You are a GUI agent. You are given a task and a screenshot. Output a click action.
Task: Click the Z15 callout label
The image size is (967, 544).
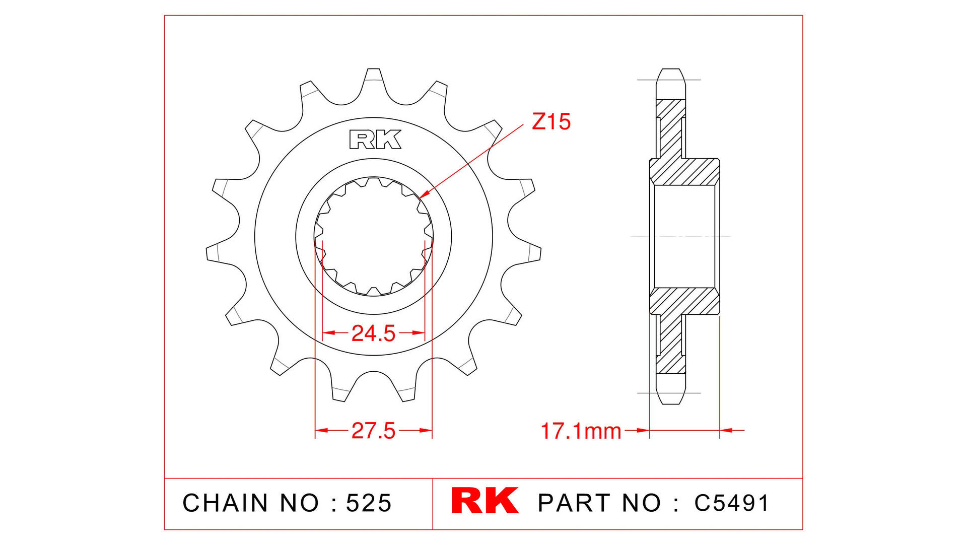pos(551,122)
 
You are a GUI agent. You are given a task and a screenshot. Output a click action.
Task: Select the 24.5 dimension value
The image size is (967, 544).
pos(373,333)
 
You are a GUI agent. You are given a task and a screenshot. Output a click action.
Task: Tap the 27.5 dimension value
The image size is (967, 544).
pos(373,431)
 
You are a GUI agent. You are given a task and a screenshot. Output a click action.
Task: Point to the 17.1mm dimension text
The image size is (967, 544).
pos(580,432)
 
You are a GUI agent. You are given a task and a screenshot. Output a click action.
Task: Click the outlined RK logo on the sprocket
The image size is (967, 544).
pos(375,140)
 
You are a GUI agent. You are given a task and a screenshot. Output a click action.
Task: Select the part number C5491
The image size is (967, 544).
pos(731,503)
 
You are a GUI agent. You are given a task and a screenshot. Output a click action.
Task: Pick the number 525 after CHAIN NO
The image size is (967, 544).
pos(369,503)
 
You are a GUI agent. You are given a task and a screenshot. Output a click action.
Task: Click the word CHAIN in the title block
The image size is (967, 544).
pos(225,503)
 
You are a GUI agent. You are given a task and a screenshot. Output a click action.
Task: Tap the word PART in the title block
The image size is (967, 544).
pos(575,503)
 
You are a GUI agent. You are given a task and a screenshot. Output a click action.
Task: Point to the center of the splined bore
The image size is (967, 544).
pos(373,236)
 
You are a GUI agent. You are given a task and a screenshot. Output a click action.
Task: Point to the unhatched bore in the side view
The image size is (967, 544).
pos(684,236)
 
